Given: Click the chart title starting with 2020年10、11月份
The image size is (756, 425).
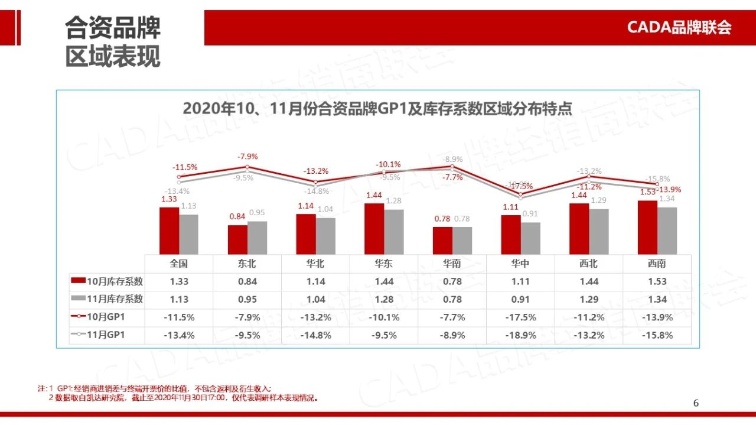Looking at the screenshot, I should coord(377,109).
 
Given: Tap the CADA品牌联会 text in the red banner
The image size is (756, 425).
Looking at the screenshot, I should coord(679,27).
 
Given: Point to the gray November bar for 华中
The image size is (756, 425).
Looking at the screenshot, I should coord(530,238).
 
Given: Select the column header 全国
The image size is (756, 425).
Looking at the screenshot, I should coord(178,264).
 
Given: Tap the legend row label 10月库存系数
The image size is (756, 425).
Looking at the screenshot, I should coord(115,281).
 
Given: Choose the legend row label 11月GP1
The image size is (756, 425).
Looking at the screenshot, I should coord(106,335).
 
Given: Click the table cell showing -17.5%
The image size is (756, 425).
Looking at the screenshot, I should coord(520,317).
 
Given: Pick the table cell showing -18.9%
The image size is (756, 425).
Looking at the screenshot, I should coord(520,335).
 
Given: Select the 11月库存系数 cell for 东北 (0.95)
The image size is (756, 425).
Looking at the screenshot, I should coord(247,299).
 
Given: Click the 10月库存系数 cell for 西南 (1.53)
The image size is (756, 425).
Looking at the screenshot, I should coord(657,281).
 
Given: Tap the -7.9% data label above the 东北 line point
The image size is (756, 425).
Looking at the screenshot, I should coord(248,157).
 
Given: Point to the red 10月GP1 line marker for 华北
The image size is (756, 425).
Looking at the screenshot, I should coord(316,182).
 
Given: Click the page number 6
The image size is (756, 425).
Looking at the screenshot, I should coord(696,403).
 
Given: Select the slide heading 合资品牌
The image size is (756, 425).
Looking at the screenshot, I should coord(112,28).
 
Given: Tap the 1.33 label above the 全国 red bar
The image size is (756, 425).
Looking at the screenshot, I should coord(169,199).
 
